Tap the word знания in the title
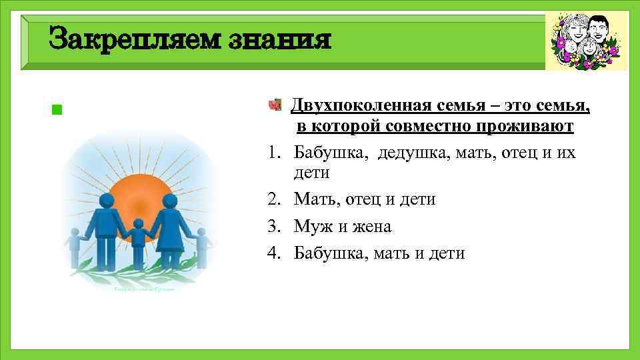point(278,39)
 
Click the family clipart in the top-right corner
point(586,41)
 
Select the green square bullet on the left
point(57,109)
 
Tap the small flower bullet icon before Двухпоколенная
point(274,105)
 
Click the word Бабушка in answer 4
point(326,253)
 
